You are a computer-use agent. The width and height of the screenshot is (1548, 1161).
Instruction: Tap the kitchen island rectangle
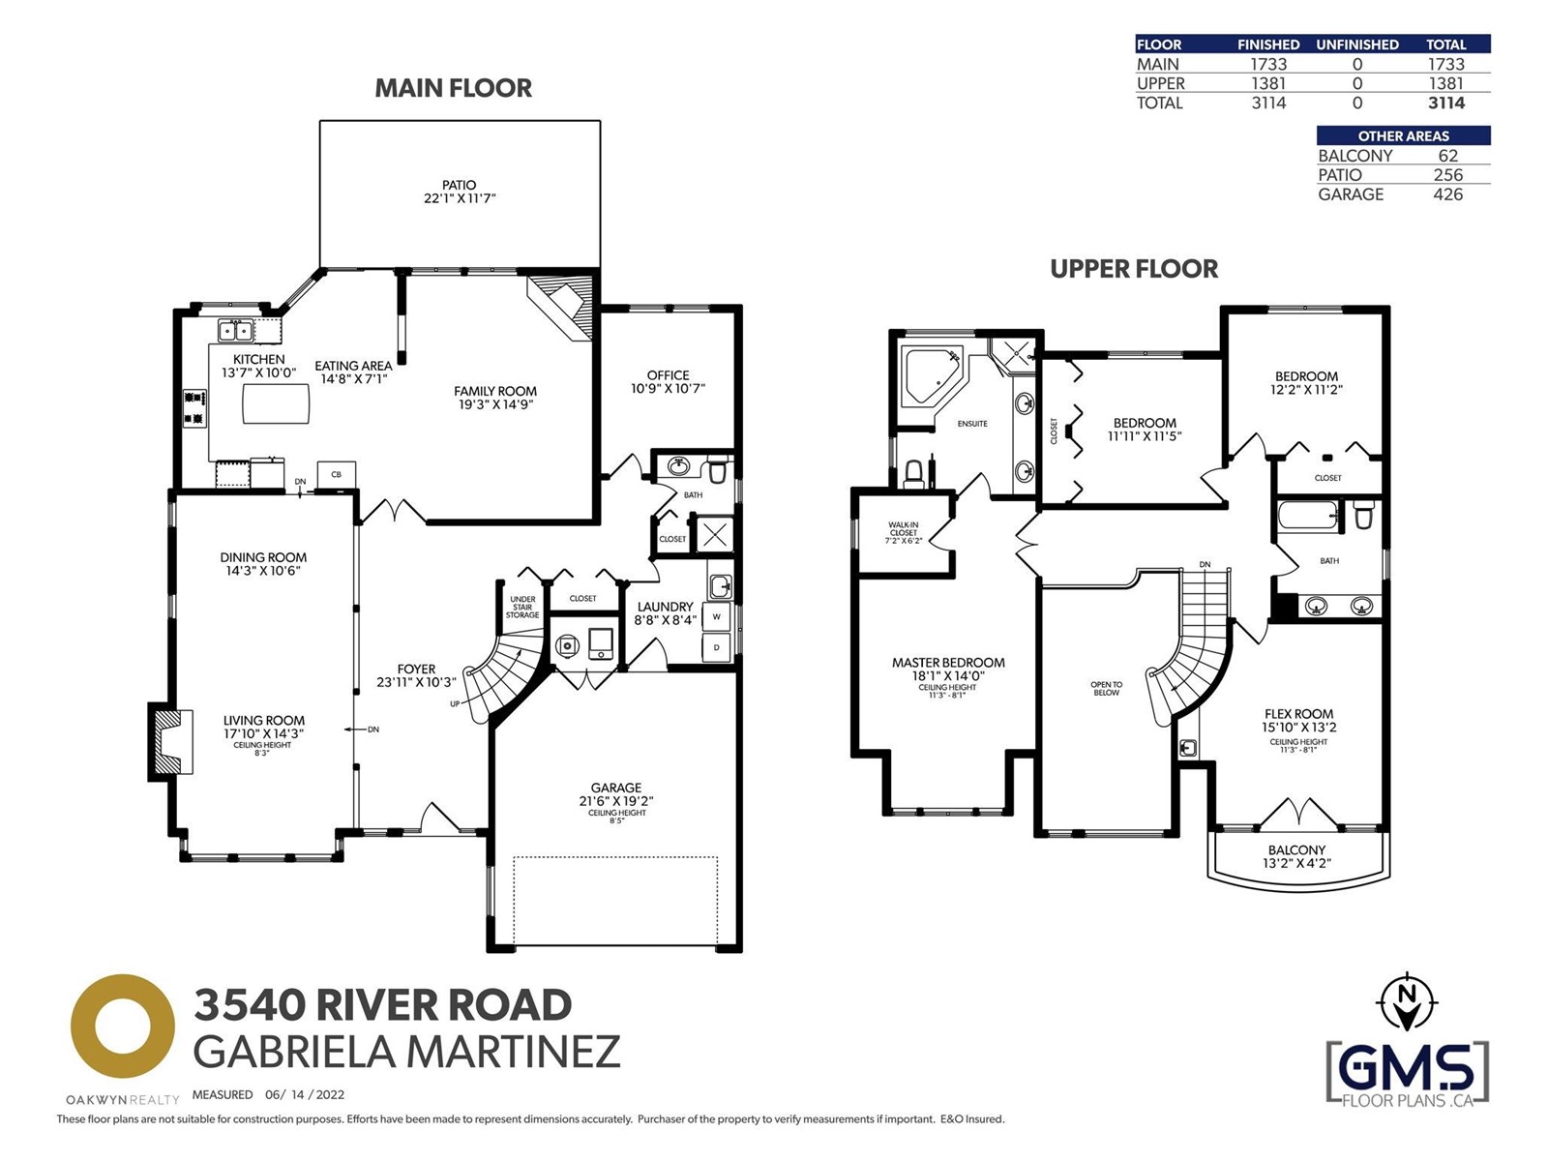(x=276, y=403)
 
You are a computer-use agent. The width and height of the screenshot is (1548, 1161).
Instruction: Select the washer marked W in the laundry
(x=717, y=617)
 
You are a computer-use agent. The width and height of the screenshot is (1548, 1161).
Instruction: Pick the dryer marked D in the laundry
(x=717, y=647)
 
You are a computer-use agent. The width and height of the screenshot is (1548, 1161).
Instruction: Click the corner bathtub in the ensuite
(x=930, y=375)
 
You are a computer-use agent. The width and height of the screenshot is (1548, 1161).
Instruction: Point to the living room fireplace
(x=170, y=742)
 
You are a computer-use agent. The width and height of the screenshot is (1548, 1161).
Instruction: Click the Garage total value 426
(x=1447, y=194)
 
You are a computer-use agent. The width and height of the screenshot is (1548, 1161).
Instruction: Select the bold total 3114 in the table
(x=1446, y=103)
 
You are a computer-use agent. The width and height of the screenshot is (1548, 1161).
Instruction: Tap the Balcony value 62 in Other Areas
(x=1447, y=156)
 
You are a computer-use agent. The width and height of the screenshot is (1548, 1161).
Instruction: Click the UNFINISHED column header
(x=1356, y=45)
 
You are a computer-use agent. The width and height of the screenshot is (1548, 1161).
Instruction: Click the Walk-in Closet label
(x=904, y=532)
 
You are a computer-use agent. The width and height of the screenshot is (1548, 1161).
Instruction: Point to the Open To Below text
(x=1106, y=688)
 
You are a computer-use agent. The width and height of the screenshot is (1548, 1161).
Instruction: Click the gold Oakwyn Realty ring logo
(x=123, y=1027)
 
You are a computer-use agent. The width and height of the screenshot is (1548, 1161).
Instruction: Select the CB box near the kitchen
(x=337, y=474)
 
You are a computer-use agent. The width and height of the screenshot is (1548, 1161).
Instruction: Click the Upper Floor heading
(x=1134, y=269)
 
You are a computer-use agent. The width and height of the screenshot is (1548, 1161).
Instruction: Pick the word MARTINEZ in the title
(x=514, y=1052)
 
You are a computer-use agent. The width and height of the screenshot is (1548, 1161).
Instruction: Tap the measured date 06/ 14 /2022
(x=305, y=1095)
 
